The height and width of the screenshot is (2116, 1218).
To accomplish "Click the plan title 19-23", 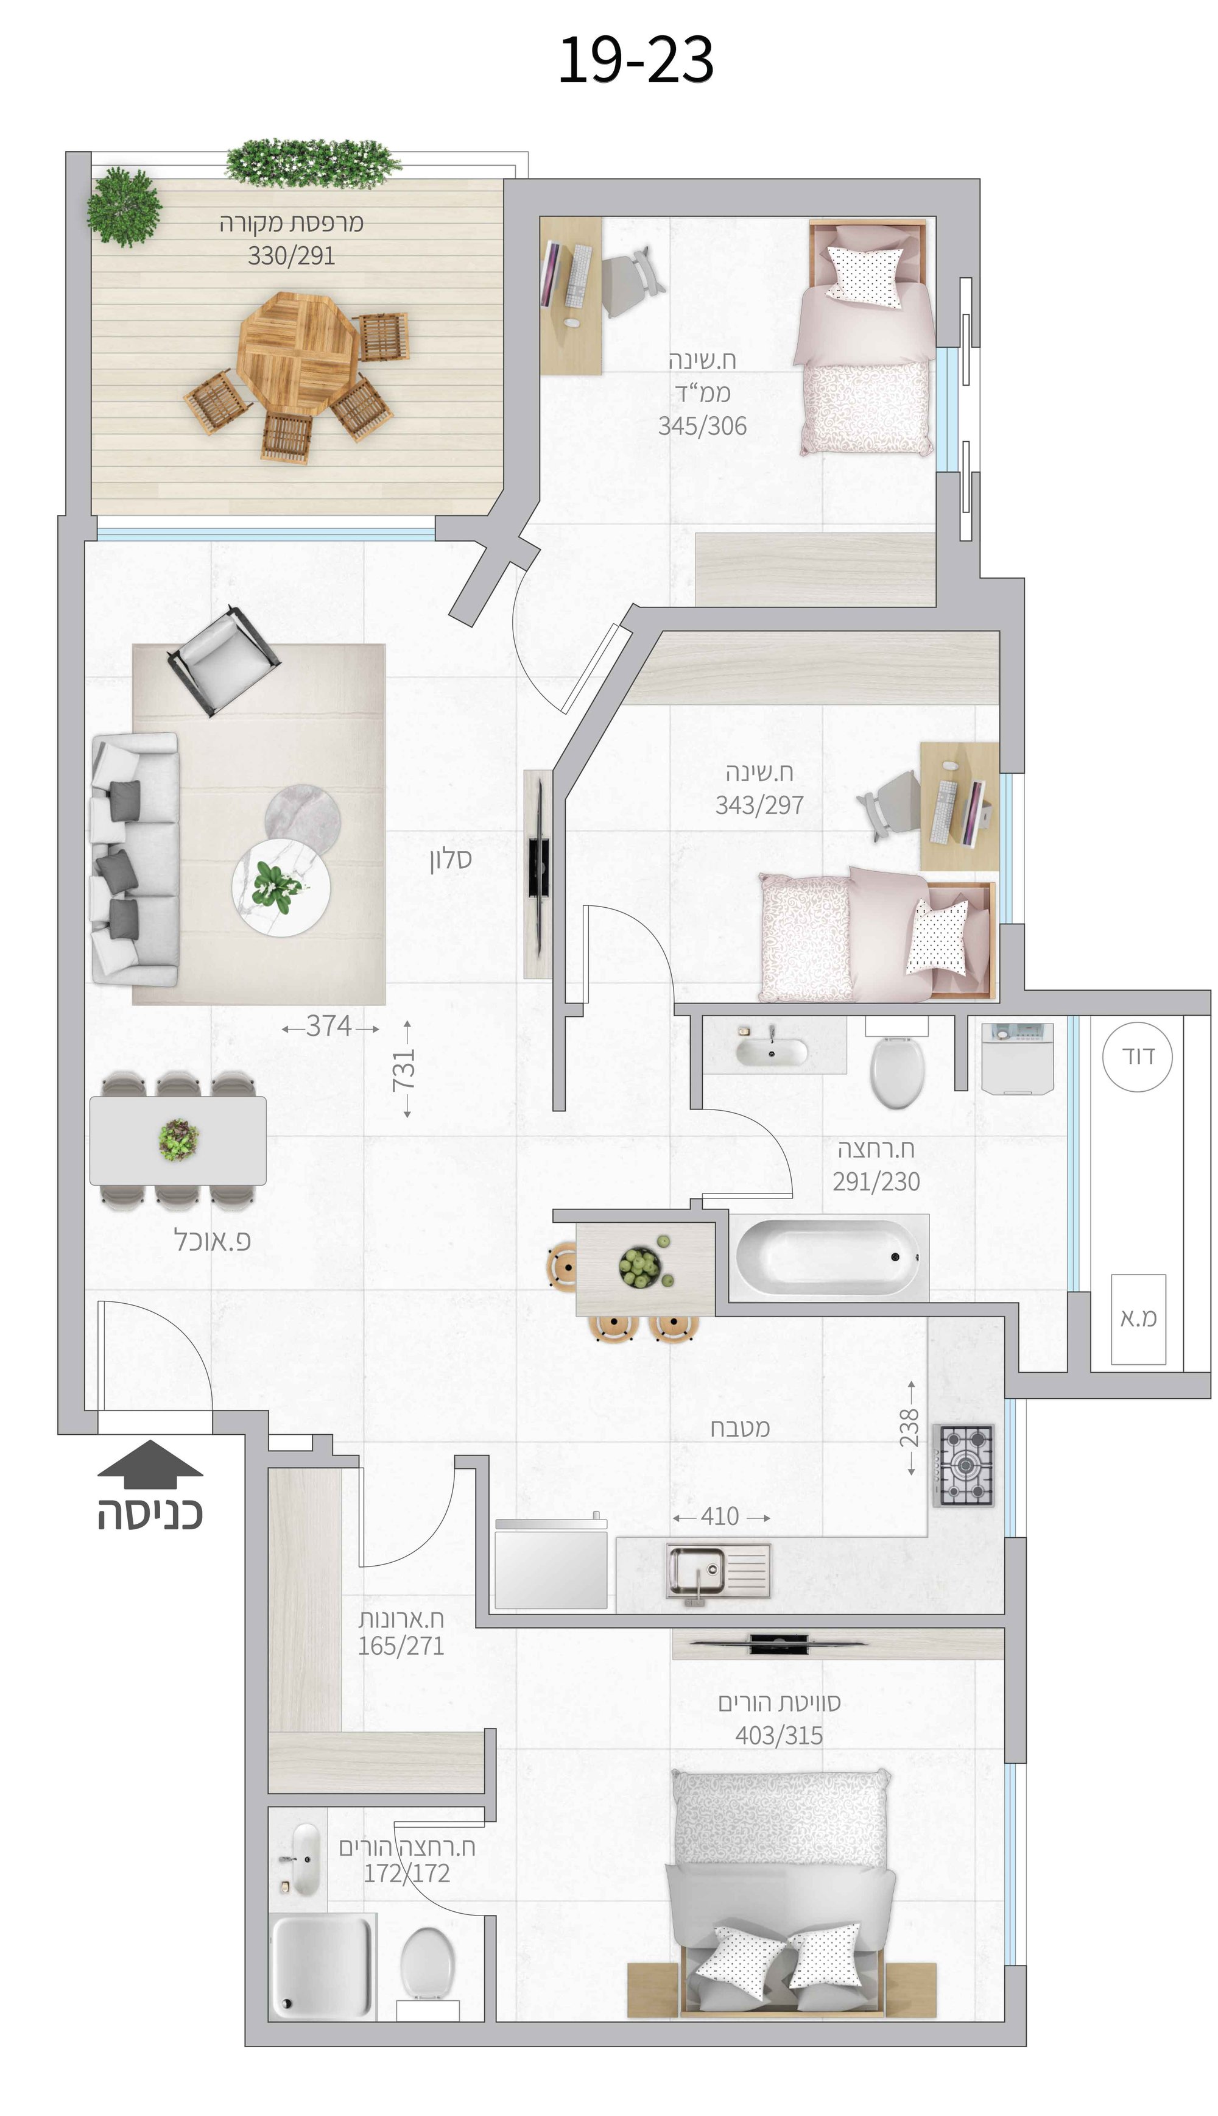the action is [635, 60].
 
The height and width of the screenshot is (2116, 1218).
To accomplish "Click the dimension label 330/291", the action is [291, 256].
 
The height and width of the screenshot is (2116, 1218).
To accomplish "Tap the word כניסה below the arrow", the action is [150, 1515].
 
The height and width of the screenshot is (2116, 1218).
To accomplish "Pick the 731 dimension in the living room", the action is [406, 1069].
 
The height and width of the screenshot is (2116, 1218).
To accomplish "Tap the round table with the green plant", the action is [281, 888].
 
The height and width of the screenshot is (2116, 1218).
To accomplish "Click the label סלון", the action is [451, 859].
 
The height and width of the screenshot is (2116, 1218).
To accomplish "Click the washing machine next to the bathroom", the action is [1017, 1058].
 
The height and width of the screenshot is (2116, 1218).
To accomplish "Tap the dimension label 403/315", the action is [779, 1736].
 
